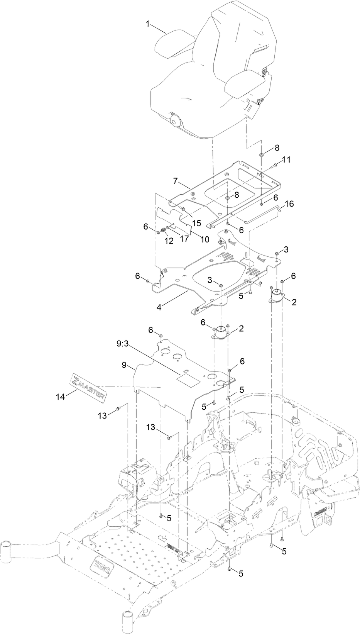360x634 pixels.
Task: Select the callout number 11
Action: coord(286,159)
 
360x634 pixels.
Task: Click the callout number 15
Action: coord(196,223)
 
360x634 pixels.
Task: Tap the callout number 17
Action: coord(184,238)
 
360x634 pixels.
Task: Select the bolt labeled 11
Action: coord(275,166)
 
